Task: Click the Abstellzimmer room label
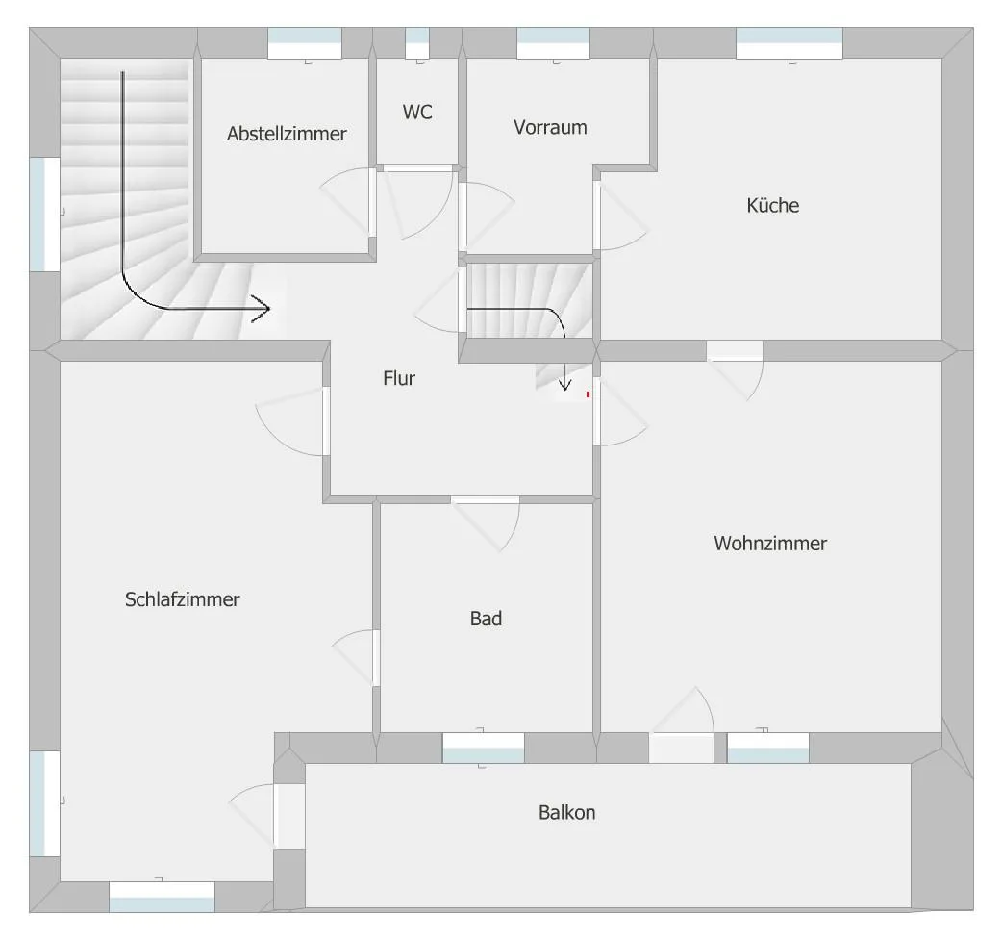[x=287, y=134]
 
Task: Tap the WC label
[x=417, y=112]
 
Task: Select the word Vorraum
[x=550, y=127]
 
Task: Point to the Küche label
[x=772, y=205]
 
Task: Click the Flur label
[x=399, y=378]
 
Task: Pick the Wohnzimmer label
[x=770, y=544]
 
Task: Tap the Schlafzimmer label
[x=182, y=599]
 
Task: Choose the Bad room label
[x=486, y=619]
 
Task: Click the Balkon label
[x=566, y=812]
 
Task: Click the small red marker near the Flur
[x=588, y=394]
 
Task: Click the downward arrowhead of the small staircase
[x=564, y=386]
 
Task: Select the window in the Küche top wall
[x=789, y=43]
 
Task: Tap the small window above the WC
[x=417, y=43]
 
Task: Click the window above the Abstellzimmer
[x=304, y=43]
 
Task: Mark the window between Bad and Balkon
[x=483, y=748]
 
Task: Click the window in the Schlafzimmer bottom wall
[x=162, y=897]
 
